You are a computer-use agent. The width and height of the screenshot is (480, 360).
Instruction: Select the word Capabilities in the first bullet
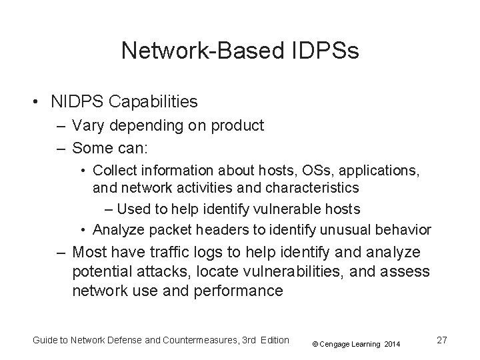(156, 101)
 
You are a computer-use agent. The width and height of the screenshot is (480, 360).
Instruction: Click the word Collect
(114, 171)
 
